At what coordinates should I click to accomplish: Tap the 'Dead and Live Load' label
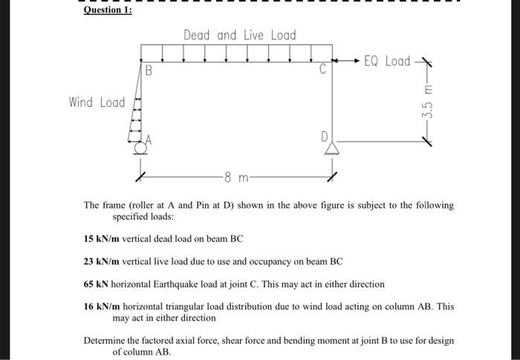(x=239, y=36)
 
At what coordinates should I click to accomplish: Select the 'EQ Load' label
(x=386, y=61)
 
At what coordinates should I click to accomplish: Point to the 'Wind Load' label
(x=97, y=102)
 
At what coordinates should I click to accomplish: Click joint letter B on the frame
(x=149, y=72)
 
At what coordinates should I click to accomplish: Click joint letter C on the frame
(x=322, y=71)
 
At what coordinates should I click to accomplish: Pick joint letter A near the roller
(x=149, y=138)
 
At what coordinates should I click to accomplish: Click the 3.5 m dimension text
(x=426, y=104)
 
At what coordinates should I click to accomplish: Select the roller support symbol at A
(x=138, y=148)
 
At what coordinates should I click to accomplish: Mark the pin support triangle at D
(x=331, y=149)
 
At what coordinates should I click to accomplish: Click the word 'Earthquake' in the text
(x=189, y=284)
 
